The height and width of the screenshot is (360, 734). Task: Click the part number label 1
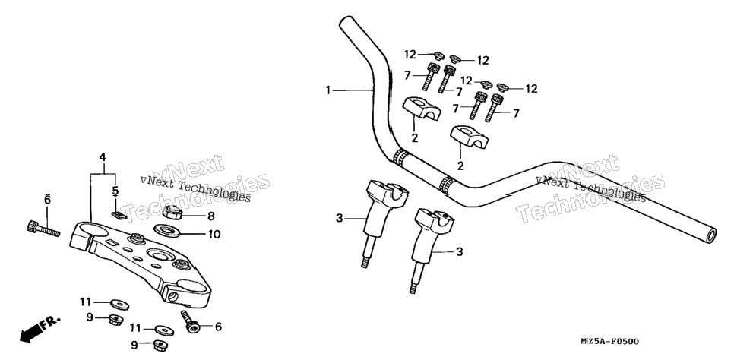click(328, 90)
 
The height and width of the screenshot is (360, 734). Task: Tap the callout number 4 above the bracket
click(103, 156)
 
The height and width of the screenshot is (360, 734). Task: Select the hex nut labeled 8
click(172, 213)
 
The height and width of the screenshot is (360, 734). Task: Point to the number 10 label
click(214, 234)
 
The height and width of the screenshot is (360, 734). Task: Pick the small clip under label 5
click(119, 215)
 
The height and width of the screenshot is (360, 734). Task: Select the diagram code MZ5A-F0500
click(609, 342)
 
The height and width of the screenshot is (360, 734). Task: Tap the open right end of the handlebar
click(710, 235)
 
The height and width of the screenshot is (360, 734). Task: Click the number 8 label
click(211, 216)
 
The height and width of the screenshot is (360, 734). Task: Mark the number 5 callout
click(115, 191)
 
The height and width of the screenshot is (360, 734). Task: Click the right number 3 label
click(459, 252)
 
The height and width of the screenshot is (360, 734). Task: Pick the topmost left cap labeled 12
click(438, 55)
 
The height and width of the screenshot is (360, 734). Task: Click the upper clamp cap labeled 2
click(421, 108)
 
